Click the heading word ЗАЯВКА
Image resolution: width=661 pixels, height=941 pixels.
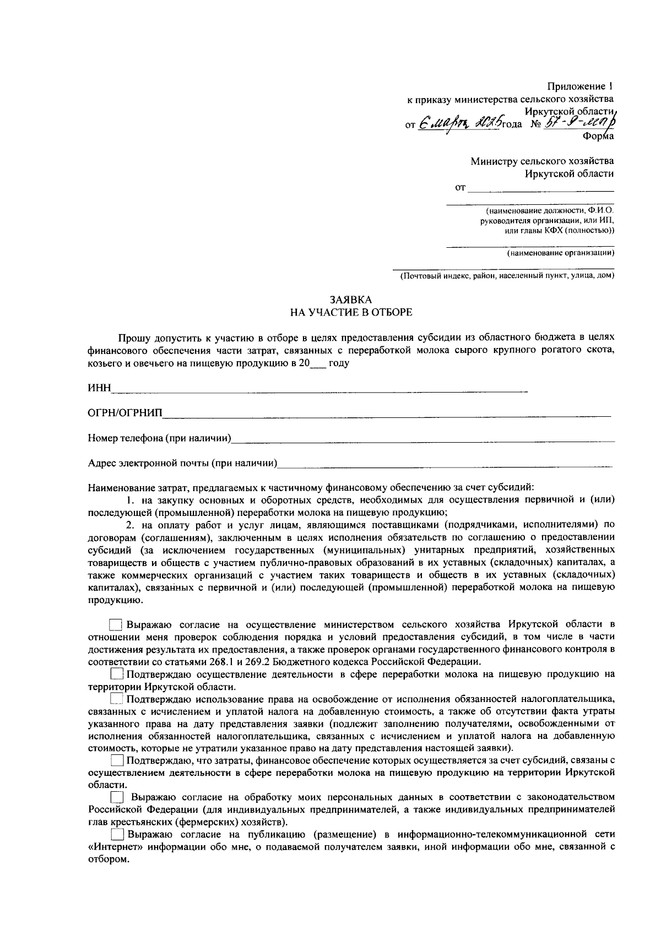pyautogui.click(x=351, y=300)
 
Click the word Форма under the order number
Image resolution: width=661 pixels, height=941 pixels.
pyautogui.click(x=598, y=135)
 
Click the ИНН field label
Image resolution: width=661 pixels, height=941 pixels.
pyautogui.click(x=100, y=389)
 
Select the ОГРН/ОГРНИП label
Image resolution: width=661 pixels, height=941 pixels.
pyautogui.click(x=126, y=414)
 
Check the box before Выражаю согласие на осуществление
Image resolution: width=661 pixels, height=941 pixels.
pyautogui.click(x=115, y=625)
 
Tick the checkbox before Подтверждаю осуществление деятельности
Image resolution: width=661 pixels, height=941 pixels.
pyautogui.click(x=116, y=675)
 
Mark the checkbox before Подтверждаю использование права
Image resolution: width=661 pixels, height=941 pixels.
pyautogui.click(x=116, y=699)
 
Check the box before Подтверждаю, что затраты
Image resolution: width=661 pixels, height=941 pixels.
pyautogui.click(x=116, y=761)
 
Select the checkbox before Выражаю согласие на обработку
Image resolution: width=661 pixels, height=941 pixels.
pyautogui.click(x=116, y=797)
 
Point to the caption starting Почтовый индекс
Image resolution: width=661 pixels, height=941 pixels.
pyautogui.click(x=507, y=275)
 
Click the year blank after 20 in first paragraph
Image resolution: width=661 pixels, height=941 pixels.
pyautogui.click(x=318, y=364)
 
